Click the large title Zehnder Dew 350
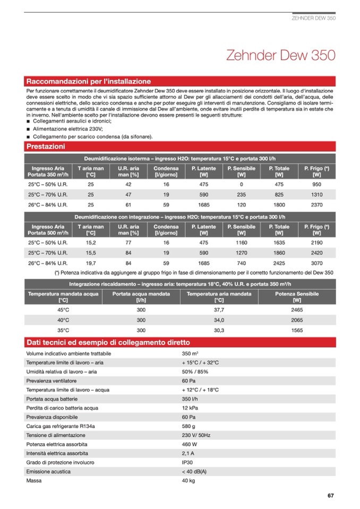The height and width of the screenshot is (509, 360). click(x=280, y=55)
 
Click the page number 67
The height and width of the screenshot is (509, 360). click(x=330, y=496)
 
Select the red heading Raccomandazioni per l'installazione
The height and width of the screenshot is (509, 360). click(x=89, y=81)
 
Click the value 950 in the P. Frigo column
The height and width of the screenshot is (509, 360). click(x=317, y=184)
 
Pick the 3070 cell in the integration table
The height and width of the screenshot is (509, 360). click(x=317, y=263)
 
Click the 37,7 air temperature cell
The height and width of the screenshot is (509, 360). click(x=219, y=309)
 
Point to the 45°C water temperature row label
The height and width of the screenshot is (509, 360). click(x=64, y=309)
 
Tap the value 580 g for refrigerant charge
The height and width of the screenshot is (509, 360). click(x=189, y=426)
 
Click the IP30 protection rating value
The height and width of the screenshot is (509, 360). click(x=187, y=463)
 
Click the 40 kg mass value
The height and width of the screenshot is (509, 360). click(x=188, y=481)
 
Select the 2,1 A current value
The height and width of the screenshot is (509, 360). click(x=188, y=454)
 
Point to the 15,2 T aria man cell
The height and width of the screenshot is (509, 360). click(x=90, y=243)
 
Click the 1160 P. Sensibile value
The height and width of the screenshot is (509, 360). click(x=241, y=243)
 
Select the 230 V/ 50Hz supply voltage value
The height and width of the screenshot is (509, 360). click(x=196, y=435)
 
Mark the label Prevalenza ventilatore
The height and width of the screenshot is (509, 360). click(x=52, y=381)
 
